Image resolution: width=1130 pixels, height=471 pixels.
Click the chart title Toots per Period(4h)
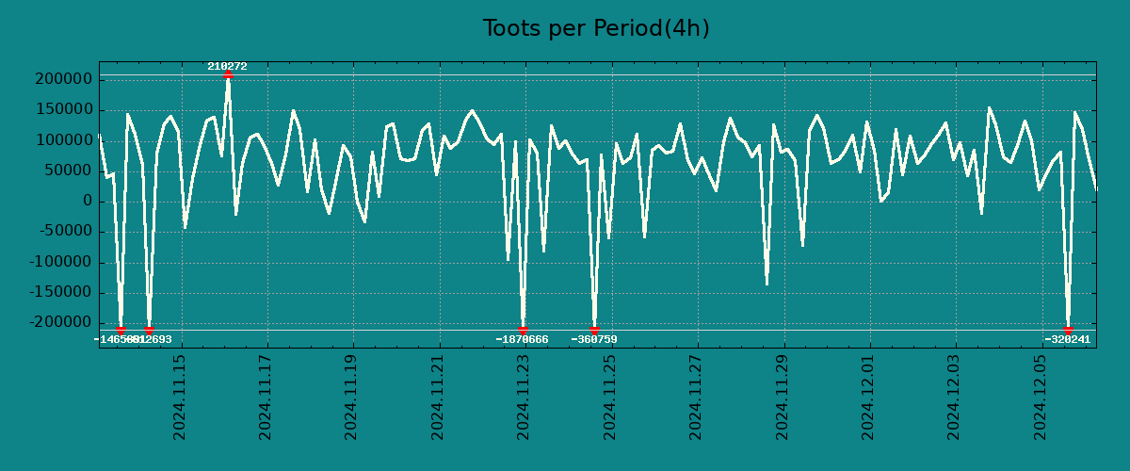pyautogui.click(x=596, y=29)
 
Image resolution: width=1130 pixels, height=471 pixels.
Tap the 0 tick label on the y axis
pyautogui.click(x=88, y=202)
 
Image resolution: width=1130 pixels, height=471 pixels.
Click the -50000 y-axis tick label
pyautogui.click(x=62, y=232)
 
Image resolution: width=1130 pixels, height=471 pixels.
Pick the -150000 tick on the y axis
pyautogui.click(x=58, y=292)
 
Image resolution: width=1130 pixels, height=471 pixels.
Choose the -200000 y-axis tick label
pyautogui.click(x=58, y=322)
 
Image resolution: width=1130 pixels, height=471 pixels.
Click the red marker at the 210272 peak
pyautogui.click(x=228, y=74)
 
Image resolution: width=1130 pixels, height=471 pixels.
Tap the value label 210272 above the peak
pyautogui.click(x=227, y=67)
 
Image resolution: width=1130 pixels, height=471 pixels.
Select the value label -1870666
pyautogui.click(x=522, y=339)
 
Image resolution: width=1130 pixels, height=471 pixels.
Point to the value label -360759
pyautogui.click(x=594, y=339)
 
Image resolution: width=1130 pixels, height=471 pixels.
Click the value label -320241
pyautogui.click(x=1067, y=339)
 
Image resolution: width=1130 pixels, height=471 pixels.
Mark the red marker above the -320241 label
pyautogui.click(x=1068, y=331)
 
